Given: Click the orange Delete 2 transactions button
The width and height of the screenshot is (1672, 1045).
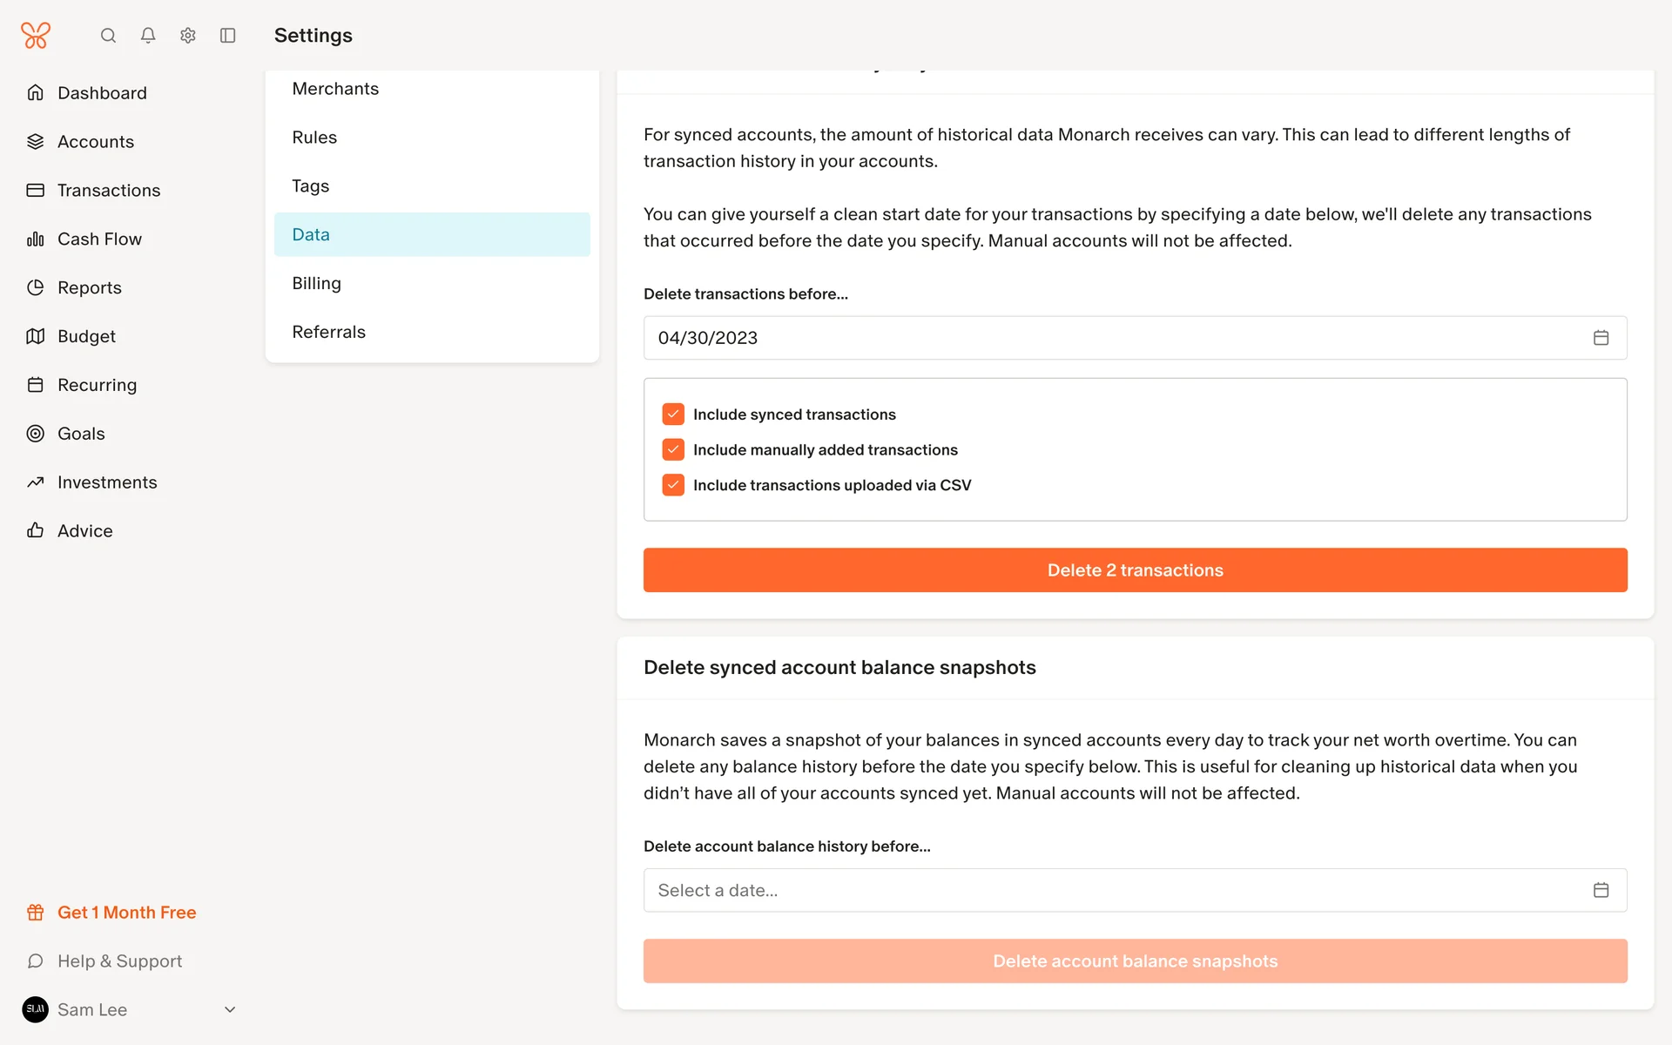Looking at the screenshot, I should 1135,570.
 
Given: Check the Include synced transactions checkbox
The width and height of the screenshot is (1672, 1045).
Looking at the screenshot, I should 673,415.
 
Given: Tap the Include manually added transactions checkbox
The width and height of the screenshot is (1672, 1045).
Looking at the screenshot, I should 673,449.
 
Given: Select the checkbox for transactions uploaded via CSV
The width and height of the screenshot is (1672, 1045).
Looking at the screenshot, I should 673,485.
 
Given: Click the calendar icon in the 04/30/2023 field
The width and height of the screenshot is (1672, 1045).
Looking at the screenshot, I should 1601,338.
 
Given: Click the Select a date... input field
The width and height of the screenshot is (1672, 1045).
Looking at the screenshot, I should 1115,890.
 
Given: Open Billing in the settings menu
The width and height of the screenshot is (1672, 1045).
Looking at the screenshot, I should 317,283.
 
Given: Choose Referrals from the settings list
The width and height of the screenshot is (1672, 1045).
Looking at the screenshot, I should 329,332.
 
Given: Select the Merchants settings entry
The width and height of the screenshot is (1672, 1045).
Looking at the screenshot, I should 335,89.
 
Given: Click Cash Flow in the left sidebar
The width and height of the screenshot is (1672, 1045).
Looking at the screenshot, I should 99,239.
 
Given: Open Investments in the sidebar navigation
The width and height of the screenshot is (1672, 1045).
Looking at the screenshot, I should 107,482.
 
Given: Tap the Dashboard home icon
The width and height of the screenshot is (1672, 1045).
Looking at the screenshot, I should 36,92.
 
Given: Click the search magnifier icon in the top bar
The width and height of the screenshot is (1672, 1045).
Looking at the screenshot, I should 108,36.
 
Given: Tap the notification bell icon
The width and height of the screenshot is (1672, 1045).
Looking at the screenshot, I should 148,36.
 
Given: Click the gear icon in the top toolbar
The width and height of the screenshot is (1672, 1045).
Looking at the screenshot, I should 188,36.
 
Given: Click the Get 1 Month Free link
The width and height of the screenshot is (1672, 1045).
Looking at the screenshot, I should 126,913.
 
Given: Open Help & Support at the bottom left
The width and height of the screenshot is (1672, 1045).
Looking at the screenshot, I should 119,961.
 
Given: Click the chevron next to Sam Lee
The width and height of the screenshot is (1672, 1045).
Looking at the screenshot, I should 230,1010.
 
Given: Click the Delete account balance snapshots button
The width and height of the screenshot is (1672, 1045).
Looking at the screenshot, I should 1135,961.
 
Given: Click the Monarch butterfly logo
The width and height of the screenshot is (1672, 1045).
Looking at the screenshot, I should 36,36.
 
